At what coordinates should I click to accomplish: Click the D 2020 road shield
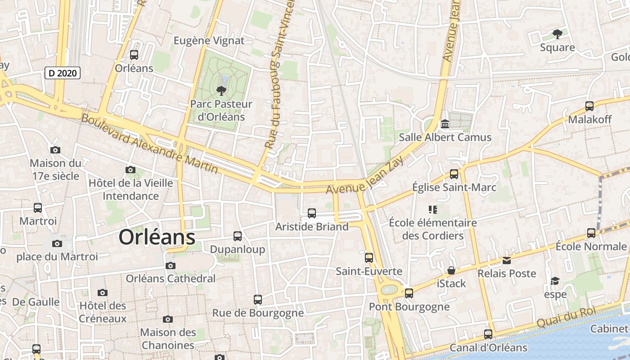click(x=63, y=73)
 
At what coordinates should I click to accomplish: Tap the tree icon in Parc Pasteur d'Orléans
click(x=221, y=91)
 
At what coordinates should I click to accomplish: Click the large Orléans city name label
click(x=157, y=237)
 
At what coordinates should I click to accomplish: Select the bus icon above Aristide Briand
click(x=312, y=213)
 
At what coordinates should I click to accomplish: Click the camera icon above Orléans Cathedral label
click(x=170, y=265)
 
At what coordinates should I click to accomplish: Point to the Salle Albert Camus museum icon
click(x=445, y=124)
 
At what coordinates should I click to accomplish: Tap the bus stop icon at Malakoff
click(x=589, y=106)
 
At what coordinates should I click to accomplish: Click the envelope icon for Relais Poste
click(x=507, y=260)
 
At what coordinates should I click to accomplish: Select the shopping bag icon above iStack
click(x=451, y=270)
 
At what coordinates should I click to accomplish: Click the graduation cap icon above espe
click(x=555, y=281)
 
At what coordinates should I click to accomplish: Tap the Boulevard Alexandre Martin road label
click(x=149, y=144)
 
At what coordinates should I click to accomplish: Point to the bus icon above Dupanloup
click(x=238, y=236)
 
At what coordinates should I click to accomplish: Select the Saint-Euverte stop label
click(x=369, y=271)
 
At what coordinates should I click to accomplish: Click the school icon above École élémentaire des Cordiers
click(x=433, y=209)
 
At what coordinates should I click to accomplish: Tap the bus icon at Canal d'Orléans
click(x=488, y=334)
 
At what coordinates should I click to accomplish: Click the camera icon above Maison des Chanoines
click(x=168, y=319)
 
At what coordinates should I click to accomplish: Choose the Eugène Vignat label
click(x=209, y=40)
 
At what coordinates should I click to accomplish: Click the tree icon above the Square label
click(x=558, y=34)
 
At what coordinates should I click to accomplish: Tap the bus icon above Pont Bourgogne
click(x=409, y=293)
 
